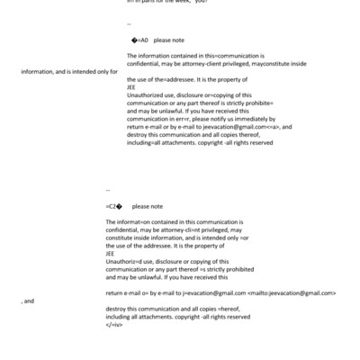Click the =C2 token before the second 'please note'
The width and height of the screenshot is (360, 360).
114,206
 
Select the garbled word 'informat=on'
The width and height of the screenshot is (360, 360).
136,221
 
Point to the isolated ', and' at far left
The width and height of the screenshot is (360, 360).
27,301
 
